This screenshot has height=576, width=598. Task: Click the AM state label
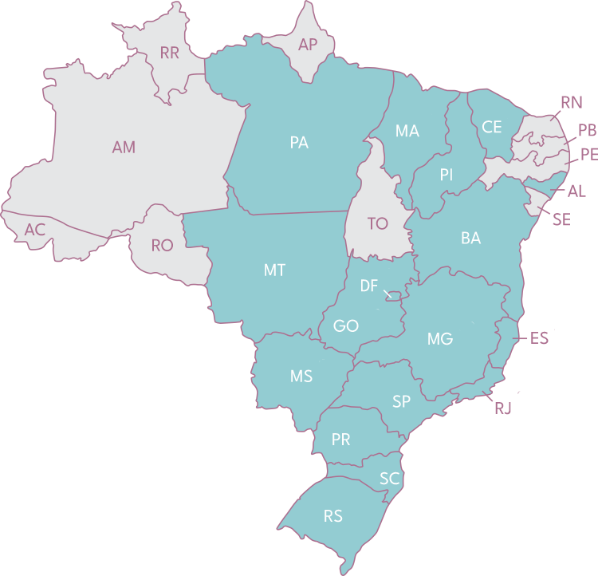coord(124,148)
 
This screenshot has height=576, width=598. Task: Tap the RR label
coord(169,53)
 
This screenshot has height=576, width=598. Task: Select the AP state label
coord(308,45)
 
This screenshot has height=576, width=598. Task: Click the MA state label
coord(407,131)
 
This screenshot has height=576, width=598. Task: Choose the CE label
coord(492,127)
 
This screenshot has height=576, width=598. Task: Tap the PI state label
coord(446,175)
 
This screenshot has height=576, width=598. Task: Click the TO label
coord(377,224)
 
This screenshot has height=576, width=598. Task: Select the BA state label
coord(470,239)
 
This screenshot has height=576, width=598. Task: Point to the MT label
coord(274,270)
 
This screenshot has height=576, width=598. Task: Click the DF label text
coord(368,286)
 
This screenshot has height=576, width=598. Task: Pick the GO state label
coord(346,326)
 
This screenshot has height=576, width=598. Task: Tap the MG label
coord(439,339)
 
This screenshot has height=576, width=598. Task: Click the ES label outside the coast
coord(539,338)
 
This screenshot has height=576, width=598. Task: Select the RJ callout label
coord(503,408)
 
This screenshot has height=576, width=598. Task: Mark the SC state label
coord(389,479)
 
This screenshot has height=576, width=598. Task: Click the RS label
coord(333,516)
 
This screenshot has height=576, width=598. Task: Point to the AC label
coord(34,230)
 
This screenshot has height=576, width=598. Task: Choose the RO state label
coord(162,245)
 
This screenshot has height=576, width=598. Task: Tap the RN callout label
coord(571,103)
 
